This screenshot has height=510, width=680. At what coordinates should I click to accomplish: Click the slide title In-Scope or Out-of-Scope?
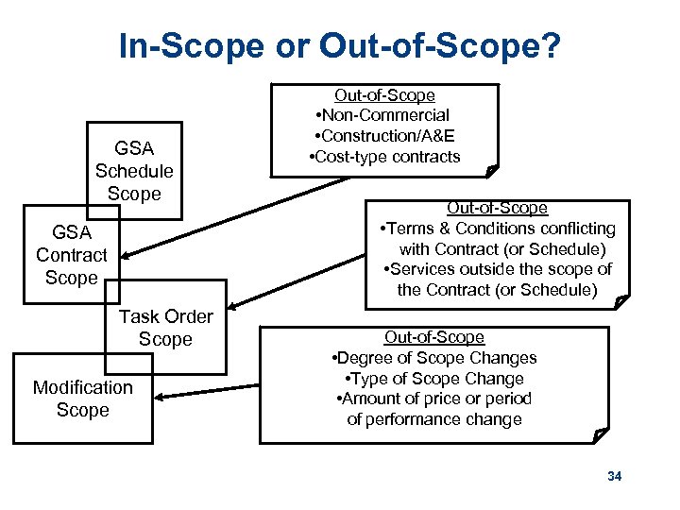[x=339, y=45]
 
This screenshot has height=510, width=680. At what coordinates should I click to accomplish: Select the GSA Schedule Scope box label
[x=134, y=171]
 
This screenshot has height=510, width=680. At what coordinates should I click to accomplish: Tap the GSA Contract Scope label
[x=72, y=255]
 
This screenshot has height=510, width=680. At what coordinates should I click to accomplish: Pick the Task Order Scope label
[x=165, y=328]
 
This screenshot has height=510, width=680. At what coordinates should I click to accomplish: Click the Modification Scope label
[x=83, y=399]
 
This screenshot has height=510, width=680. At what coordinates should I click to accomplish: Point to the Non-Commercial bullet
[x=384, y=115]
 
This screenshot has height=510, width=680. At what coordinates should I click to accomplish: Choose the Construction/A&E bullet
[x=384, y=136]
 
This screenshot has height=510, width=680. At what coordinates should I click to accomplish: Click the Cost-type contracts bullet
[x=384, y=157]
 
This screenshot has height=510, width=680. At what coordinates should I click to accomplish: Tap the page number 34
[x=615, y=477]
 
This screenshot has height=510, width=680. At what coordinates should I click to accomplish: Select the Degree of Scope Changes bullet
[x=434, y=358]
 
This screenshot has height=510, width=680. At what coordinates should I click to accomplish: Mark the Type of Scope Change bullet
[x=434, y=379]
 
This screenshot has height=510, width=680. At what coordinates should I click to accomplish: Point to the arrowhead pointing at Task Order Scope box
[x=233, y=305]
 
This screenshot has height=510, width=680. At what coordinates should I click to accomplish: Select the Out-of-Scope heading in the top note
[x=384, y=95]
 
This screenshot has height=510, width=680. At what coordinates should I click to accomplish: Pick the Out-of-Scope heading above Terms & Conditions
[x=497, y=208]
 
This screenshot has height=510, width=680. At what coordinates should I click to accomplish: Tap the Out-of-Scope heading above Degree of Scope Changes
[x=434, y=337]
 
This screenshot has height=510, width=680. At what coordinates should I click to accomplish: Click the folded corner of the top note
[x=490, y=170]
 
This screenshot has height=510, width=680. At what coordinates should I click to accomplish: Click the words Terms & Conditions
[x=450, y=229]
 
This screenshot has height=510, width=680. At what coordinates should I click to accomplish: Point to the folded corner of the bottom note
[x=602, y=436]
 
